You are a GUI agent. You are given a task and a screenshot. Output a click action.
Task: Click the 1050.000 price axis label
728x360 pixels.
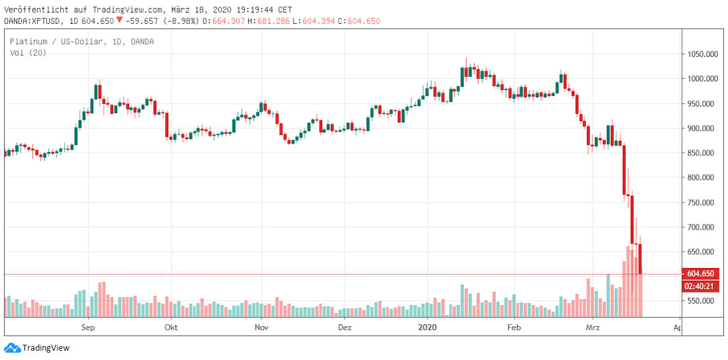pos(702,54)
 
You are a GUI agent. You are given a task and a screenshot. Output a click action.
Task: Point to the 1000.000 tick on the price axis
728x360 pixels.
pos(702,79)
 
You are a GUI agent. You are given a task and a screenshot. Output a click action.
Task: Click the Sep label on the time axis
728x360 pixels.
pos(89,328)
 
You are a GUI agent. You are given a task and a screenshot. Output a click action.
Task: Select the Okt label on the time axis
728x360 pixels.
pos(171,328)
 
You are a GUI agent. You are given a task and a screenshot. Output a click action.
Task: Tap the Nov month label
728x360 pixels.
pos(261,328)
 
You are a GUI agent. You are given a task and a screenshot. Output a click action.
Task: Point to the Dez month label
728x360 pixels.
pos(345,328)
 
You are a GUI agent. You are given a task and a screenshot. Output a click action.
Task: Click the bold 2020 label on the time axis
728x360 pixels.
pos(428,328)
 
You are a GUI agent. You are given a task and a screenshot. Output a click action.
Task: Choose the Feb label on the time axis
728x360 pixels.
pos(514,328)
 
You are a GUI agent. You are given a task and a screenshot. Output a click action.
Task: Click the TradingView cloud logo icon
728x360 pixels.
pos(12,347)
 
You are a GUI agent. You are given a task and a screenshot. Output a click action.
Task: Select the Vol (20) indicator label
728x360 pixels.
pos(26,53)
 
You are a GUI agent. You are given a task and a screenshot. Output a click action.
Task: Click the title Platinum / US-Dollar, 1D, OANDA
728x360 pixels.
pos(81,42)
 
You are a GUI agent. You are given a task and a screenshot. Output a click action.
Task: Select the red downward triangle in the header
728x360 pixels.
pos(118,21)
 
